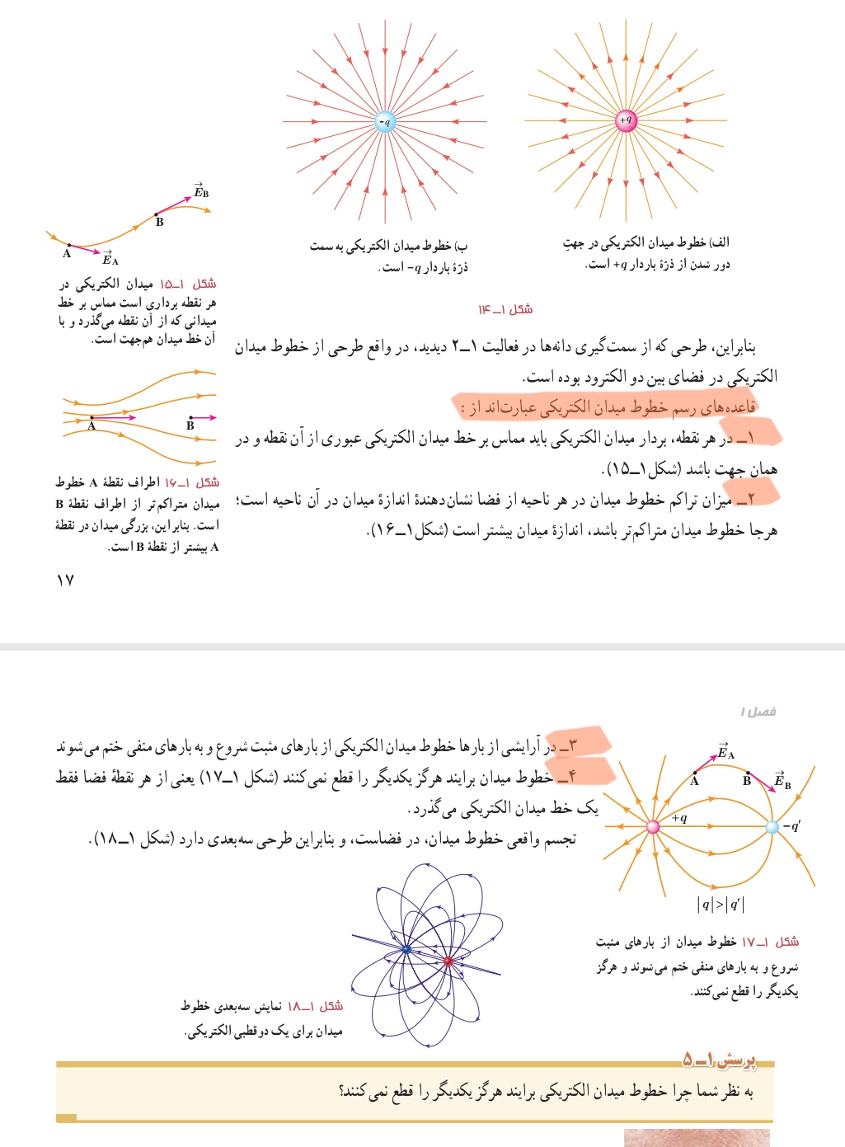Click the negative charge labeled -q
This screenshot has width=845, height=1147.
(x=384, y=122)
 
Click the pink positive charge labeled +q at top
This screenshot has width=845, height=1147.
(x=626, y=120)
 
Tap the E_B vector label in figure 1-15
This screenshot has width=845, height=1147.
(x=200, y=191)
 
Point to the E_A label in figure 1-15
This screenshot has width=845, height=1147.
(x=110, y=258)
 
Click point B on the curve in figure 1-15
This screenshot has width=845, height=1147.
(x=157, y=214)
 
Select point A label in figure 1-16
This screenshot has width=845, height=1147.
(x=92, y=426)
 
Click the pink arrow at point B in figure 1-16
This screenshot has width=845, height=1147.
(x=204, y=417)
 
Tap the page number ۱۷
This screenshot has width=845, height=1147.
(x=65, y=581)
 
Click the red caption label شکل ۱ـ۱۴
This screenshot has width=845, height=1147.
(x=505, y=309)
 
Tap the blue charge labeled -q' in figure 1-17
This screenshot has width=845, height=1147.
(x=772, y=826)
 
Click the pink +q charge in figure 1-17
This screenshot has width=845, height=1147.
(x=653, y=826)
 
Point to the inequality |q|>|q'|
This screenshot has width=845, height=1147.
(x=721, y=904)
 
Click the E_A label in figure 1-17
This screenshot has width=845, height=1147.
(x=725, y=752)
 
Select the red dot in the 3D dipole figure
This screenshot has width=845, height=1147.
(x=448, y=961)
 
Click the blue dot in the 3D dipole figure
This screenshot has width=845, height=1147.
(x=406, y=950)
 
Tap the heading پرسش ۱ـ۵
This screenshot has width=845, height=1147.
(x=718, y=1059)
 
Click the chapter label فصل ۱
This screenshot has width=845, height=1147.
(x=758, y=711)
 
